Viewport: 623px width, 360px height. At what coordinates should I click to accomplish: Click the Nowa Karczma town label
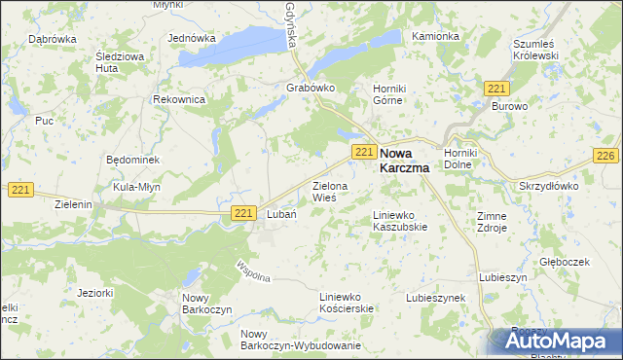pos(407,160)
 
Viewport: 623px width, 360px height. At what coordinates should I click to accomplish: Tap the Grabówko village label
pos(311,87)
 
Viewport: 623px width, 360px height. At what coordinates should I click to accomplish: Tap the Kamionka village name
pos(435,36)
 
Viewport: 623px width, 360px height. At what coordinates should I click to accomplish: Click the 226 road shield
pos(605,156)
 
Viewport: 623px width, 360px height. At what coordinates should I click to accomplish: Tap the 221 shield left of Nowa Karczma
pos(364,152)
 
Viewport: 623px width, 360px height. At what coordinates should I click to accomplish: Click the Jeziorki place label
pos(94,291)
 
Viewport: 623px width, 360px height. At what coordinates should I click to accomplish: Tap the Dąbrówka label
pos(53,39)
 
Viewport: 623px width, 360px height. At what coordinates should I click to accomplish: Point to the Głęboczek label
pos(565,262)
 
